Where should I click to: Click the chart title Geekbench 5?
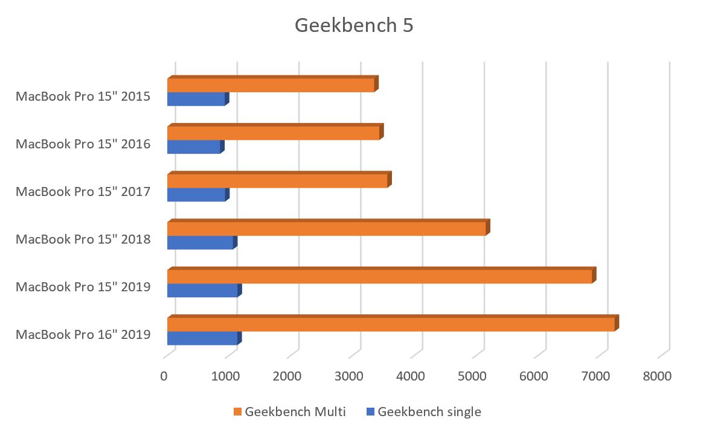pos(354,26)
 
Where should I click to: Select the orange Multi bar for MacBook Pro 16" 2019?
pos(391,324)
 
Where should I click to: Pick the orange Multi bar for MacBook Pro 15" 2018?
pos(326,229)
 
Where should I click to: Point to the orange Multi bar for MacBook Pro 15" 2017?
pos(277,181)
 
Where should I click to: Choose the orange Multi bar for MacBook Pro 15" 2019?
pos(379,276)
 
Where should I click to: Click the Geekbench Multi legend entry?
pos(290,412)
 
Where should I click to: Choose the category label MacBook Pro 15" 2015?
pos(83,96)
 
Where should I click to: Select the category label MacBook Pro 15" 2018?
pos(83,239)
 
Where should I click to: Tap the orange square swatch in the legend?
pos(237,412)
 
